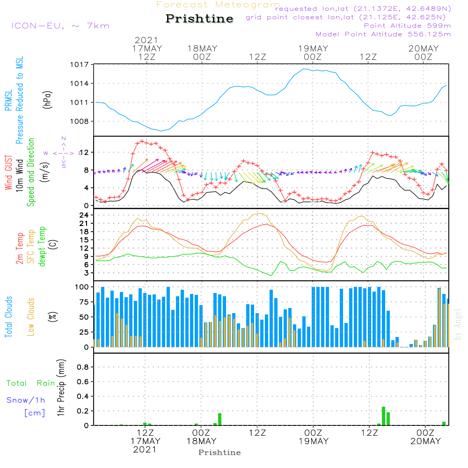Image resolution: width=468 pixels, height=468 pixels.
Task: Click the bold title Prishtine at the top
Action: coord(199,19)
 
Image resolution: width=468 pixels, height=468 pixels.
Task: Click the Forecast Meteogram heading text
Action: coord(218,5)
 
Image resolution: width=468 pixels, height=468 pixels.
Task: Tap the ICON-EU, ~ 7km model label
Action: coord(60,26)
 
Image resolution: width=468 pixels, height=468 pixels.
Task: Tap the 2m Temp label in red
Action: coord(20,247)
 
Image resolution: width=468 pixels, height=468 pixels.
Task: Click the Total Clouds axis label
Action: coord(9,317)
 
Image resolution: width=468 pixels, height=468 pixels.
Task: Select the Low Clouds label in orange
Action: coord(31,317)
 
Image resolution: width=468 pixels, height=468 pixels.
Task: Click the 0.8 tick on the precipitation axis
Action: coord(83,367)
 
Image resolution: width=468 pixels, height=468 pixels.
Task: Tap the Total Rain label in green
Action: coord(30,383)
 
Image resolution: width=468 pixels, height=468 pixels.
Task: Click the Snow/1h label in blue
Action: coord(27,400)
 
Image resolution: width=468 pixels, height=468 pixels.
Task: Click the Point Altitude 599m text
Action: coord(407,25)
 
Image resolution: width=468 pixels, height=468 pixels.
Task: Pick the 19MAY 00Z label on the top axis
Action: coord(313,52)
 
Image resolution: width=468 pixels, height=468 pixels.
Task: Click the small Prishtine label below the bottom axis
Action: coord(219,453)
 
